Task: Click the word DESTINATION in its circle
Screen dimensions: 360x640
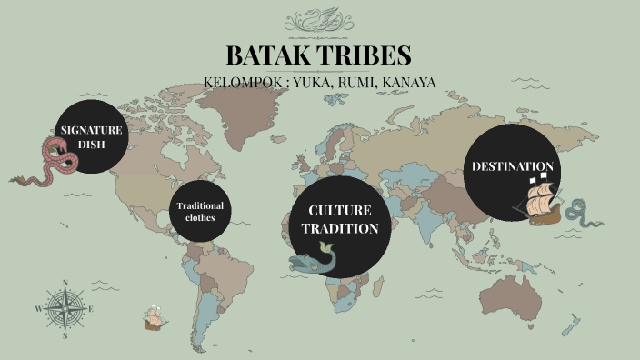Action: coord(512,166)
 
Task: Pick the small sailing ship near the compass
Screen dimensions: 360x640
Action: coord(154,316)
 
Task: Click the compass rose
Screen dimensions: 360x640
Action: coord(65,309)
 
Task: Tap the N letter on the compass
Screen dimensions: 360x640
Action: coord(65,284)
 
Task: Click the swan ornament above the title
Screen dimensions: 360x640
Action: coord(319,20)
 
